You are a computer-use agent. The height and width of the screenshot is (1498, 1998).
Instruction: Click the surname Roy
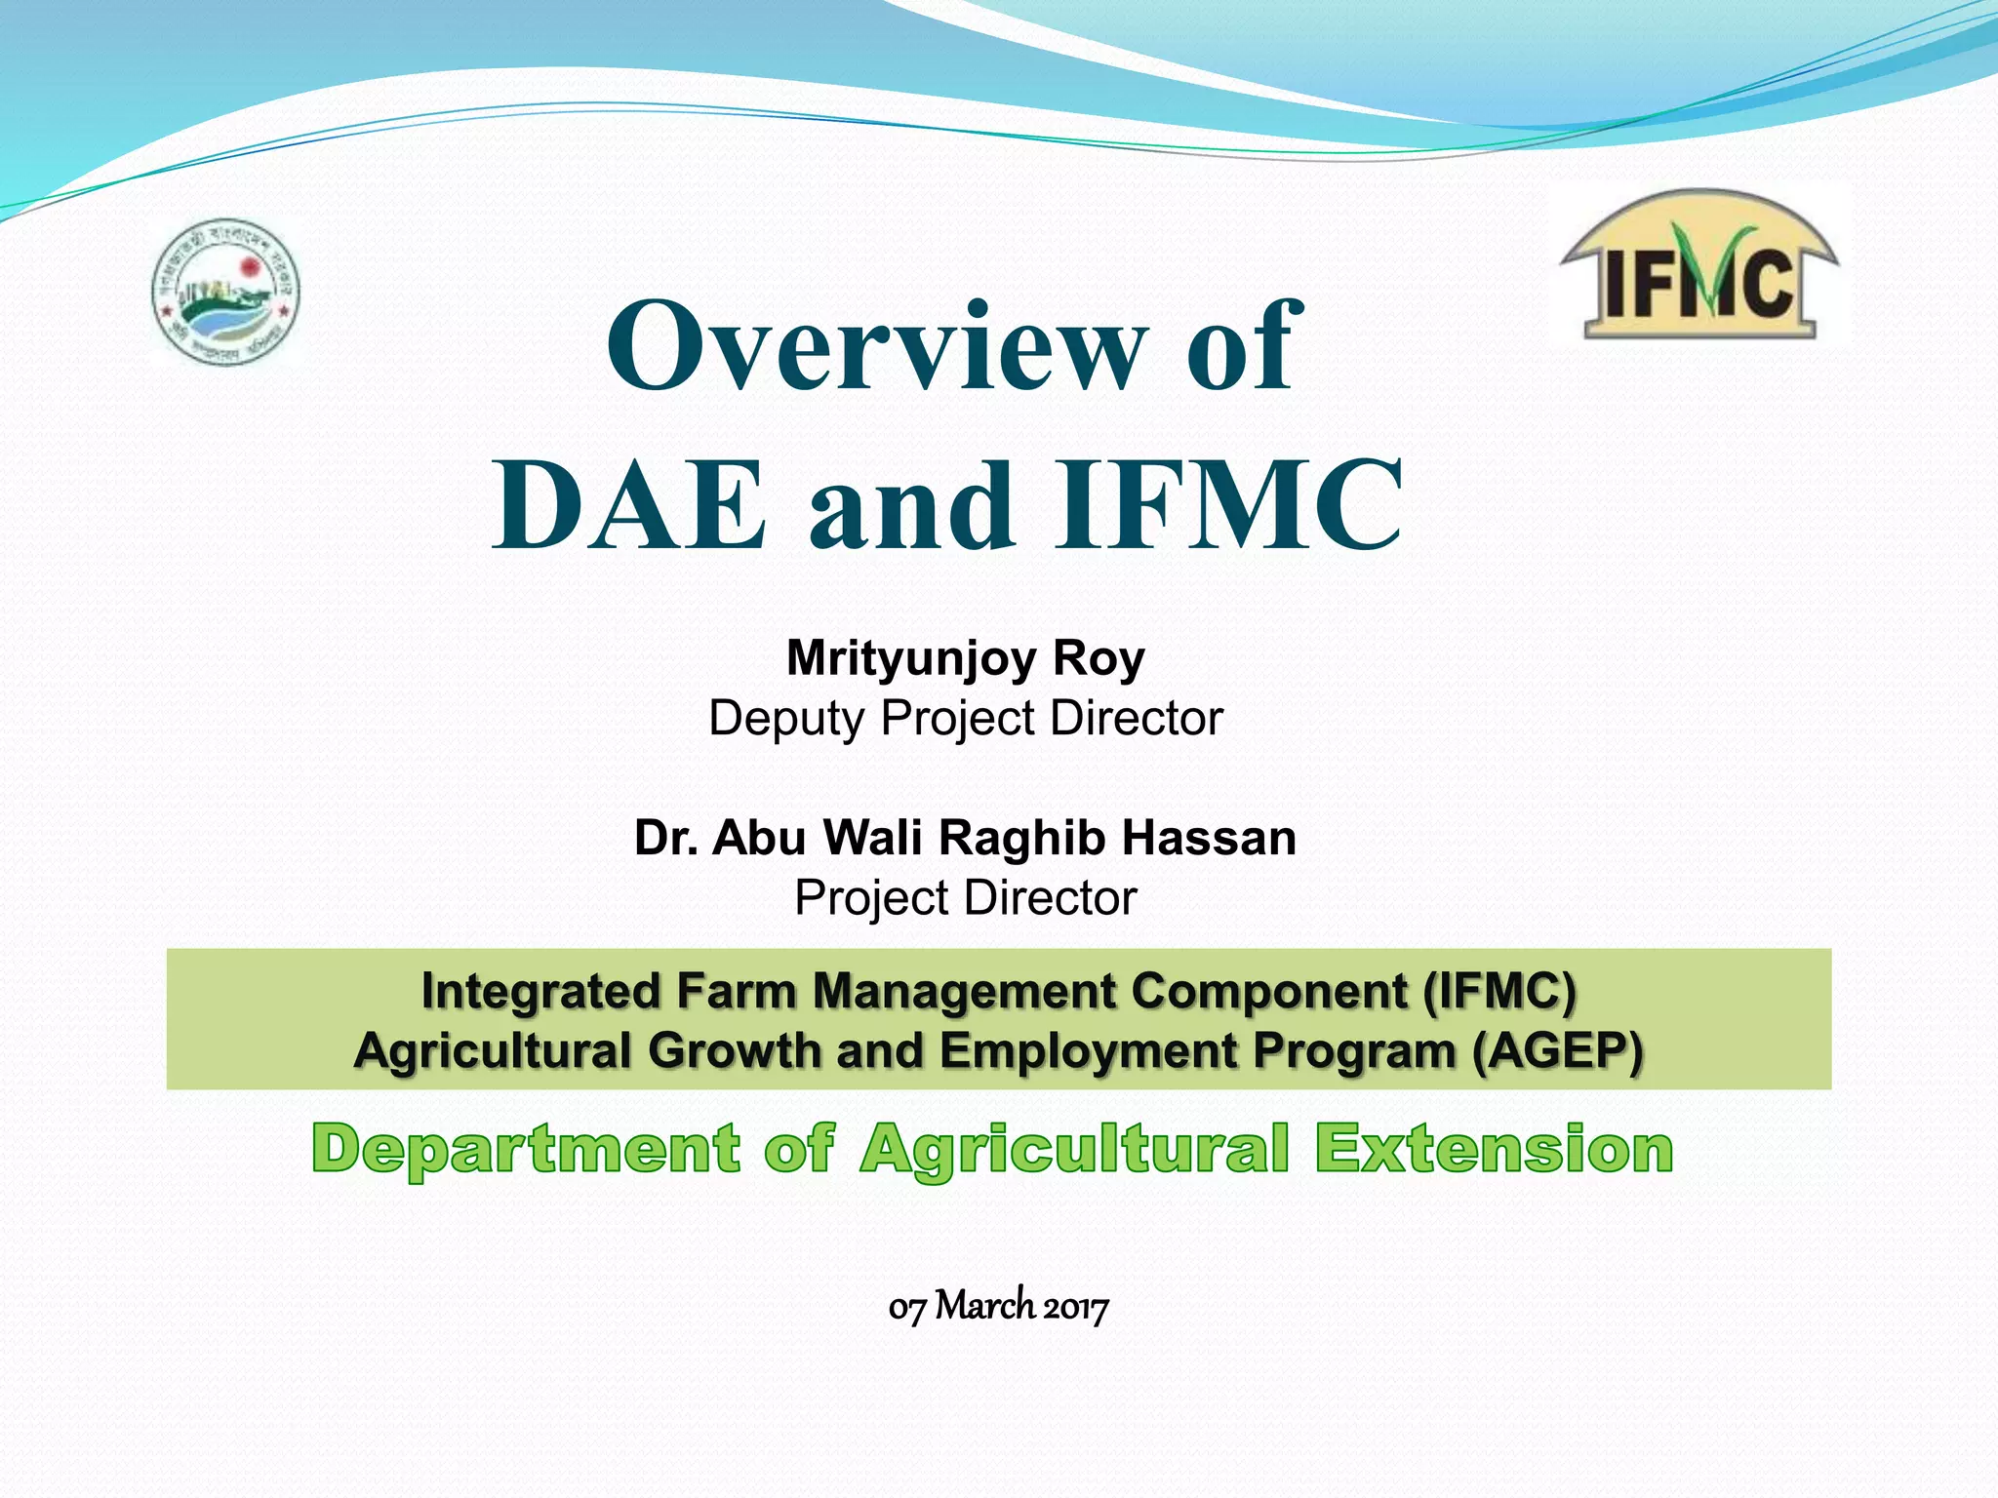coord(1099,659)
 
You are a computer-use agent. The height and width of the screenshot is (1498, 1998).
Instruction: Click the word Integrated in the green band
coord(541,992)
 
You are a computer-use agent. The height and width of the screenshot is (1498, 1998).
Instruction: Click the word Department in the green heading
coord(527,1149)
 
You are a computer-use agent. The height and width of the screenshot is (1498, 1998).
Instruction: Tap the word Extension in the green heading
coord(1493,1149)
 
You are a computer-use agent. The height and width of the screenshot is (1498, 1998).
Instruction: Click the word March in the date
coord(985,1306)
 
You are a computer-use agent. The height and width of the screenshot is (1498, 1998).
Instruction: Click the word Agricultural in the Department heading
coord(1074,1149)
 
